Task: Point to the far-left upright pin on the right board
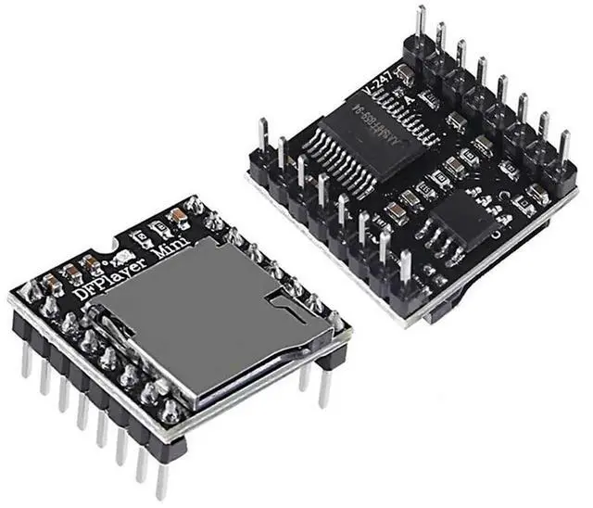[x=263, y=139]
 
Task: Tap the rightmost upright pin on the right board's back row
[x=563, y=148]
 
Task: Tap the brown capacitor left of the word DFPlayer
[x=69, y=274]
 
